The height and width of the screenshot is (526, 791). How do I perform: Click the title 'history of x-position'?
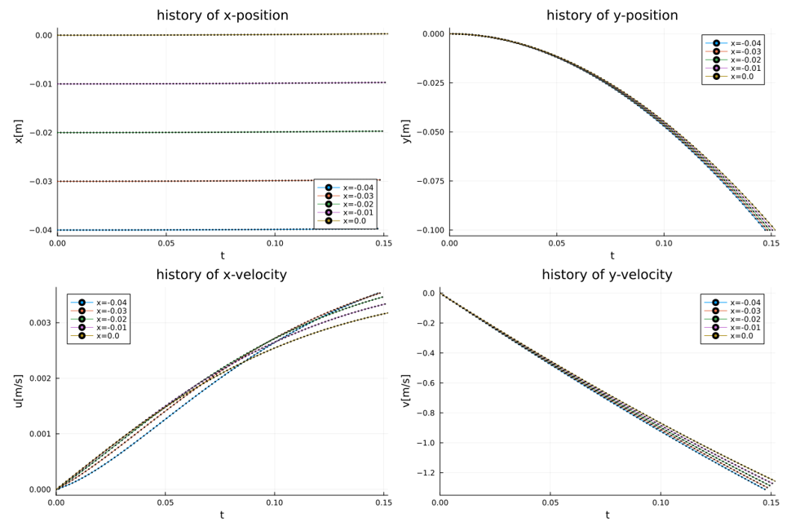222,15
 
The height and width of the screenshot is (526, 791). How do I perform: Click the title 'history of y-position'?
623,15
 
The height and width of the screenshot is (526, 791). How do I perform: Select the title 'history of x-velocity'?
221,275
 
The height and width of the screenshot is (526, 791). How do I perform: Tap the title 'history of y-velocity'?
607,275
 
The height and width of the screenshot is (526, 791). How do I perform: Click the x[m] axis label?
18,131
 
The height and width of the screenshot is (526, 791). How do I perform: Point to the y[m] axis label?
405,131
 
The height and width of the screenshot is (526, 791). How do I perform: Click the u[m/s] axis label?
18,390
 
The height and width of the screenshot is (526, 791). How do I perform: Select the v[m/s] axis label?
405,390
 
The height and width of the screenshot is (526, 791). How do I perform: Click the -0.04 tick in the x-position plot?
42,230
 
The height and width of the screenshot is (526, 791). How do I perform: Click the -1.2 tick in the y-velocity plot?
426,473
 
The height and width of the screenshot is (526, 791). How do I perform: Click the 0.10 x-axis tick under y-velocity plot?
661,503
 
